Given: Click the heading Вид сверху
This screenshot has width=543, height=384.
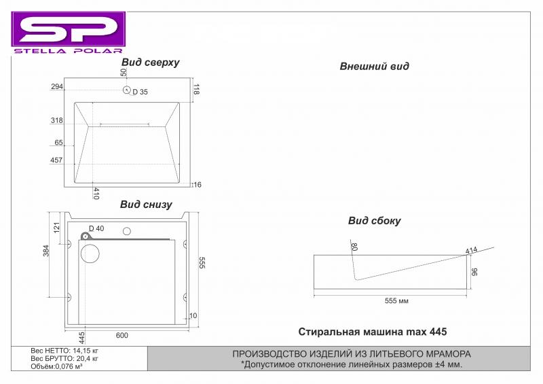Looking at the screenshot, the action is (x=150, y=63).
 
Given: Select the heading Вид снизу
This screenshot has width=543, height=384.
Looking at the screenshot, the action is (x=146, y=205).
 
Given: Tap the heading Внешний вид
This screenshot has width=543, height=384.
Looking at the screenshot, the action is (x=374, y=66).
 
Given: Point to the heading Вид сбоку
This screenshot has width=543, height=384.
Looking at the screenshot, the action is (x=375, y=221).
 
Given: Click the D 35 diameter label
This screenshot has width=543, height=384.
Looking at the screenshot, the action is (x=141, y=92).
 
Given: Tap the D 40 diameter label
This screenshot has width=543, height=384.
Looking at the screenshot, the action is (x=96, y=228).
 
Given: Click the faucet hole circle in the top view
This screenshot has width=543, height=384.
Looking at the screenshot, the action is (x=126, y=90).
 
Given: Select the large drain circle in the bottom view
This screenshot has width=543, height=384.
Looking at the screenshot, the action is (x=90, y=254).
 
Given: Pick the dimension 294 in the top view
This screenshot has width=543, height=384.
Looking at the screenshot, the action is (x=57, y=86).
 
